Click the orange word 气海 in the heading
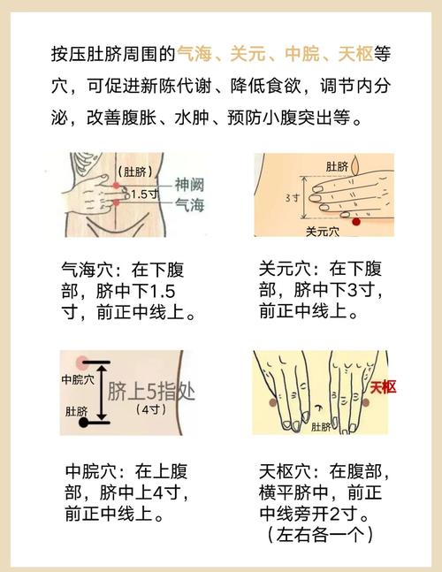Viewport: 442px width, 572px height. [194, 54]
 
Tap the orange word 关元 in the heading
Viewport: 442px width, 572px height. [248, 54]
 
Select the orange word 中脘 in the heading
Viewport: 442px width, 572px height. [302, 54]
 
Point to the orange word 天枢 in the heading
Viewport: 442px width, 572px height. [355, 54]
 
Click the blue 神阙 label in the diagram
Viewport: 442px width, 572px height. [190, 185]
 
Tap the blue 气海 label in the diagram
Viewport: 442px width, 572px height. [190, 204]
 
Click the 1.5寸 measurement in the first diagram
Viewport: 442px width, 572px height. [144, 194]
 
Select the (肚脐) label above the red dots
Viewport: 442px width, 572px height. [135, 172]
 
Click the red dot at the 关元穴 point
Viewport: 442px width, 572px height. [356, 221]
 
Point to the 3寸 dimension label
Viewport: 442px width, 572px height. [292, 198]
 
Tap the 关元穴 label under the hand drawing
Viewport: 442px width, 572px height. [323, 231]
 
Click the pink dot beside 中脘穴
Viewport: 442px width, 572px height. [81, 362]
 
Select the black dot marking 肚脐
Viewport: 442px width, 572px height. [83, 423]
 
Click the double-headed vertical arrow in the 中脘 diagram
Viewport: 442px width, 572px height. [102, 393]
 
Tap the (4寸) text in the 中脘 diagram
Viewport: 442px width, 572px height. [151, 409]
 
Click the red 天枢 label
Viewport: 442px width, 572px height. [383, 387]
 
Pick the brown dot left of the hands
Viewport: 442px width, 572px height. [273, 403]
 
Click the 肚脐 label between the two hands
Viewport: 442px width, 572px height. [321, 426]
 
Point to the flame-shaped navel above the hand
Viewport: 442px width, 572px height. [355, 165]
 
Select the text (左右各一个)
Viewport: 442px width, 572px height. [321, 535]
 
